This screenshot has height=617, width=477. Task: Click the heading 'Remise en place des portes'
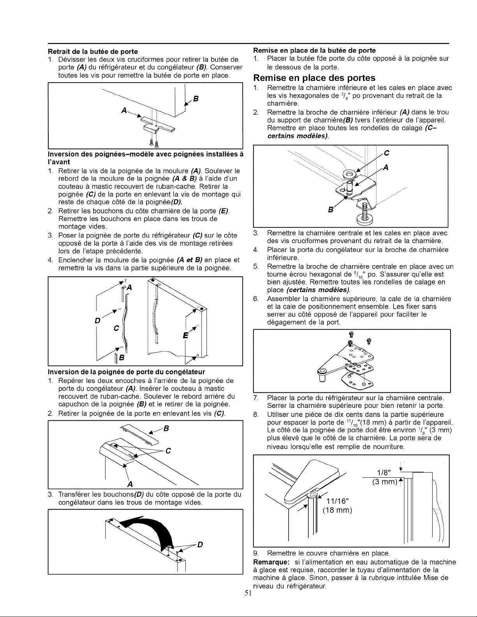pos(314,78)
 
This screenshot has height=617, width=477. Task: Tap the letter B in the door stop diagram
pos(195,99)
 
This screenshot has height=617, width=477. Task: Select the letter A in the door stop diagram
pos(124,111)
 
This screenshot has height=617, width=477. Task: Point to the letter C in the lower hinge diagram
pos(386,153)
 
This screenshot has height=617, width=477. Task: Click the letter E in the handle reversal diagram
pos(185,335)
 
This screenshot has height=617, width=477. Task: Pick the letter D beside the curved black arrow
pos(200,545)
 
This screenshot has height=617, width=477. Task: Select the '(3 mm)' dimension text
pos(384,482)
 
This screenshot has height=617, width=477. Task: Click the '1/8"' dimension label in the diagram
pos(384,473)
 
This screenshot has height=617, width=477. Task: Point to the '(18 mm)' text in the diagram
pos(337,510)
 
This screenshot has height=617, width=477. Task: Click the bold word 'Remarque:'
pos(271,562)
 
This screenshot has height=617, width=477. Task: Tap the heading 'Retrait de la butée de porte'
pos(93,51)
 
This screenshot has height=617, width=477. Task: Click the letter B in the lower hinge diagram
pos(330,210)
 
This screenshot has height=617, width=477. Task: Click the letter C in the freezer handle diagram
pos(168,451)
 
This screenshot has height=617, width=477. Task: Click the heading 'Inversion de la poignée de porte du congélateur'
pos(126,372)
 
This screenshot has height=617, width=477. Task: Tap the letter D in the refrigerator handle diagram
pos(97,321)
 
